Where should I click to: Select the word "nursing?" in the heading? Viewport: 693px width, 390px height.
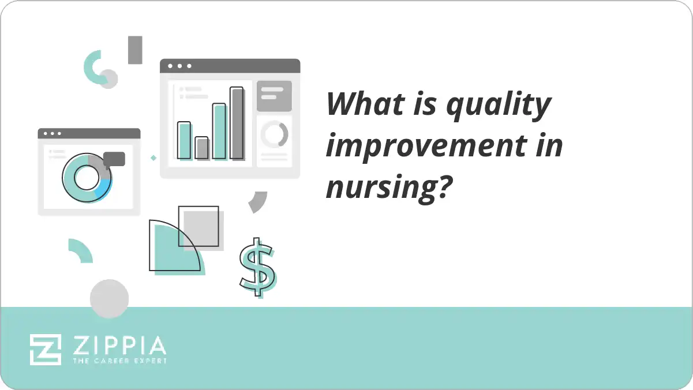[388, 186]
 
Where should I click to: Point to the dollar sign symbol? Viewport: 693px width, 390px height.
[257, 267]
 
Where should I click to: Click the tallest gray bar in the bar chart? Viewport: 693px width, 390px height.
[237, 123]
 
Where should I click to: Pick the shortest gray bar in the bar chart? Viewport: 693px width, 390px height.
[201, 148]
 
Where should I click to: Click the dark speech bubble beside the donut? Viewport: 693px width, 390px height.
[114, 159]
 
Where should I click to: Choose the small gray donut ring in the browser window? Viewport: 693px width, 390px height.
[274, 134]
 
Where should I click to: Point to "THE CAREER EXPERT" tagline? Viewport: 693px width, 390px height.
[119, 361]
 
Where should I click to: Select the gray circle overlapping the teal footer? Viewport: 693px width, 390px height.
[109, 298]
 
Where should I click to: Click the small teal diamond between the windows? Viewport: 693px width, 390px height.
[153, 157]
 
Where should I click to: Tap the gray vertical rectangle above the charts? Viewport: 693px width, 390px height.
[135, 50]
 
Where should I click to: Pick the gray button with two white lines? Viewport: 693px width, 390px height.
[274, 95]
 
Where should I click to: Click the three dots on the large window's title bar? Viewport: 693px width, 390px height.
[179, 66]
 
